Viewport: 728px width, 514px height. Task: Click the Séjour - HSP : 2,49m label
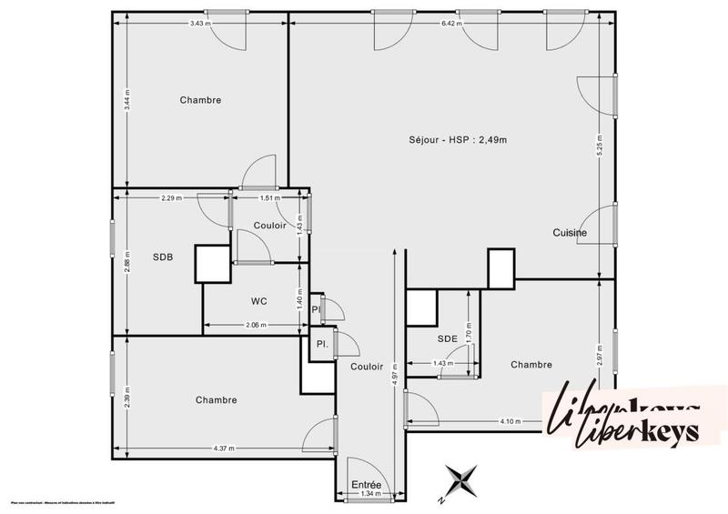[457, 139]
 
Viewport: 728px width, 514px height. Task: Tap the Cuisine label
[570, 233]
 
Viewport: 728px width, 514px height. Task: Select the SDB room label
[164, 257]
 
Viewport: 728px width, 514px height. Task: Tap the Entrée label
[367, 486]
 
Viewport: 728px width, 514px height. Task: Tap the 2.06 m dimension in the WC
[256, 325]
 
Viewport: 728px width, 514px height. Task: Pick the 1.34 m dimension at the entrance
[367, 496]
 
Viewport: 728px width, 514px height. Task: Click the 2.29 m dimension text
[170, 197]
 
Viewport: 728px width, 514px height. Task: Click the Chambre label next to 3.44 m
[200, 100]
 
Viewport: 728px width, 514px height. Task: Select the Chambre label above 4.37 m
[216, 399]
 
